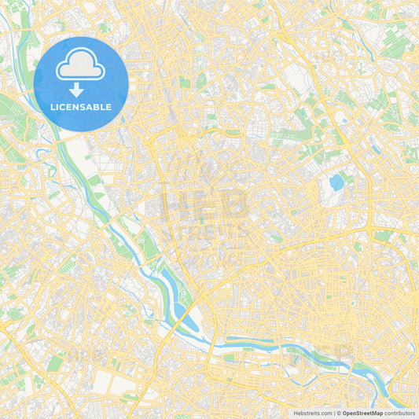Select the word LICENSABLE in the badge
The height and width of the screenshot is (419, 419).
click(x=80, y=107)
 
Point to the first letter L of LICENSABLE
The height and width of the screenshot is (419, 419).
click(x=52, y=107)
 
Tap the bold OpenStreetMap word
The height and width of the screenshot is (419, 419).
click(x=362, y=413)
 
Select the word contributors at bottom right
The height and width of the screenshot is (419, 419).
click(x=400, y=413)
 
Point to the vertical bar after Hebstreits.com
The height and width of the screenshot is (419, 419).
click(x=333, y=413)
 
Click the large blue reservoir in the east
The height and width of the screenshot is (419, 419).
click(x=336, y=183)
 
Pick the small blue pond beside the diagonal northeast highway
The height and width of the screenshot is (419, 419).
click(x=344, y=120)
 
